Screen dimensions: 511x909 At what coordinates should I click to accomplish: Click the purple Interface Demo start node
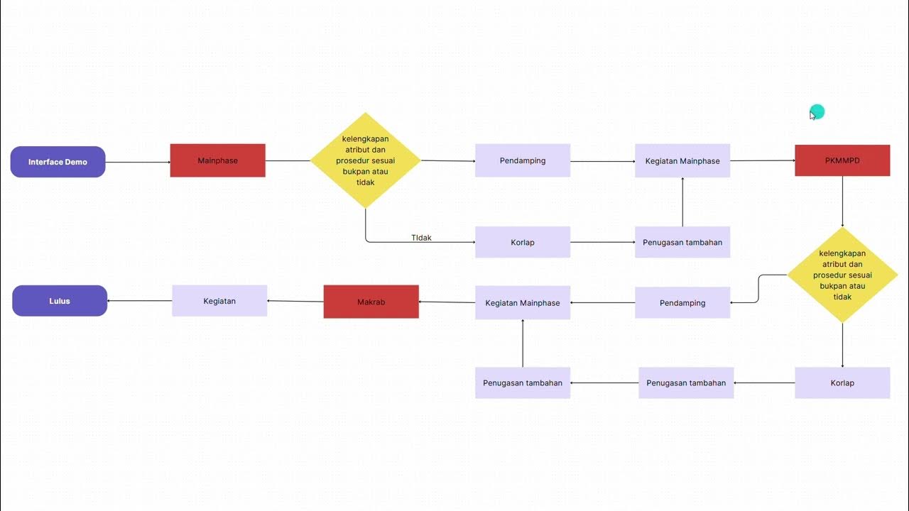(58, 162)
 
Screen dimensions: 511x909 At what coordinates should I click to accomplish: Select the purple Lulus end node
(60, 301)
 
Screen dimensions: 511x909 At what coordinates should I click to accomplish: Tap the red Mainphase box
(217, 160)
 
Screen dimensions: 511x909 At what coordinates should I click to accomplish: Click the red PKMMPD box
(842, 160)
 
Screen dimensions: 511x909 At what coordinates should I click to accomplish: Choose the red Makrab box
(371, 302)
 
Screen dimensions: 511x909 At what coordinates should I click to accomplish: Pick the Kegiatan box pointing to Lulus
(219, 301)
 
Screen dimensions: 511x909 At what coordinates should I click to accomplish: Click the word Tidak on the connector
(421, 238)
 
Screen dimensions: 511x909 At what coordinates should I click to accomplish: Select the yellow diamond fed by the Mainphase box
(366, 160)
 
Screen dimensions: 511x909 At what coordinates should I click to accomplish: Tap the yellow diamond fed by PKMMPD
(842, 275)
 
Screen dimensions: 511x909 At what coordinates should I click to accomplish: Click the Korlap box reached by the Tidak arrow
(522, 242)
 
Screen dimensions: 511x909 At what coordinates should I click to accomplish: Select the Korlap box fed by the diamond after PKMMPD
(842, 383)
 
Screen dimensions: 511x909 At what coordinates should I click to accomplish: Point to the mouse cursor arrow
(812, 114)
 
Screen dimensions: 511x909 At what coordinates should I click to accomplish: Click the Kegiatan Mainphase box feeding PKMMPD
(682, 160)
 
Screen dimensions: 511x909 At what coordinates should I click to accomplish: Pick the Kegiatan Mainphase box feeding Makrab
(522, 302)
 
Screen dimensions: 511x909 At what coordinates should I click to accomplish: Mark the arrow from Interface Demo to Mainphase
(138, 163)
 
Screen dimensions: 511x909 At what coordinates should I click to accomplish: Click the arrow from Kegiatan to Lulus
(139, 301)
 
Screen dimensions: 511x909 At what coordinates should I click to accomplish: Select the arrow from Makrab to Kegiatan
(295, 302)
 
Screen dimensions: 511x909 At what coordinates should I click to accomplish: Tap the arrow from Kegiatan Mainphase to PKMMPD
(762, 160)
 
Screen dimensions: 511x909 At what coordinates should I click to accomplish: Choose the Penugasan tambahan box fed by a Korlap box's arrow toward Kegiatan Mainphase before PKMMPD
(682, 242)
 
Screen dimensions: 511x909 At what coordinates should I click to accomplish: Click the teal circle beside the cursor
(818, 111)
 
